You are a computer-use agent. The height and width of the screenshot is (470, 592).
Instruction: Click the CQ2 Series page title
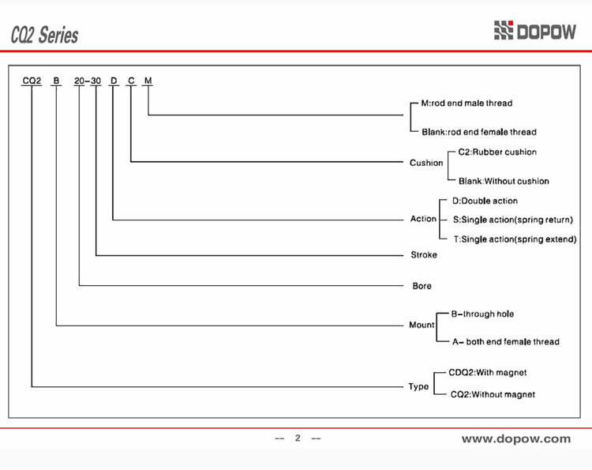[44, 35]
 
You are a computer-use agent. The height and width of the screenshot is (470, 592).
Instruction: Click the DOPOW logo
[535, 30]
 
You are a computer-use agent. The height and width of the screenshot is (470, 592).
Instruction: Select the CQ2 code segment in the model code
[32, 81]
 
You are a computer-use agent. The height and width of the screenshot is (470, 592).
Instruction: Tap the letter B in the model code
[56, 81]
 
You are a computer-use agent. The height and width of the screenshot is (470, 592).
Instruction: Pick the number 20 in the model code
[79, 81]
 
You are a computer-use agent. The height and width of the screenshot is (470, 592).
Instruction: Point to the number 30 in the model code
[96, 81]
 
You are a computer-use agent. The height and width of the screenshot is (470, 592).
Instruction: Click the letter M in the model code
[148, 81]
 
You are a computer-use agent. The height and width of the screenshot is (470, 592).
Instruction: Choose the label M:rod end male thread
[466, 103]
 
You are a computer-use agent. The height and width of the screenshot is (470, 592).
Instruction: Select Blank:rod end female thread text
[479, 132]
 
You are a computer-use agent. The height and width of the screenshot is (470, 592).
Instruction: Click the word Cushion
[426, 163]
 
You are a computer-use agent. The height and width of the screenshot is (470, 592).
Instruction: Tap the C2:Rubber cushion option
[497, 152]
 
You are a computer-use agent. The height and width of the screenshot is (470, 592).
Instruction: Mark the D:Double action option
[485, 201]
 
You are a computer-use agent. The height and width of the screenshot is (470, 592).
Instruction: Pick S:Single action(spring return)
[513, 220]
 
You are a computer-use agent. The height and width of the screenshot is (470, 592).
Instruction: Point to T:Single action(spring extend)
[515, 239]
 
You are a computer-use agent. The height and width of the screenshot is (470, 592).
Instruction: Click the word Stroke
[424, 254]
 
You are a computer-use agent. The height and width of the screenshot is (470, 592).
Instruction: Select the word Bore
[422, 286]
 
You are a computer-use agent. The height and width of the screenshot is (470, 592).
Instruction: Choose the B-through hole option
[482, 314]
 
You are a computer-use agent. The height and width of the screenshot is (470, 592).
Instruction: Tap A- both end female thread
[506, 341]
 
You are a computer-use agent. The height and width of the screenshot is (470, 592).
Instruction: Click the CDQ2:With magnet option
[488, 373]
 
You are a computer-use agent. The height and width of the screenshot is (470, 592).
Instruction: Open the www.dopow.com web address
[516, 438]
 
